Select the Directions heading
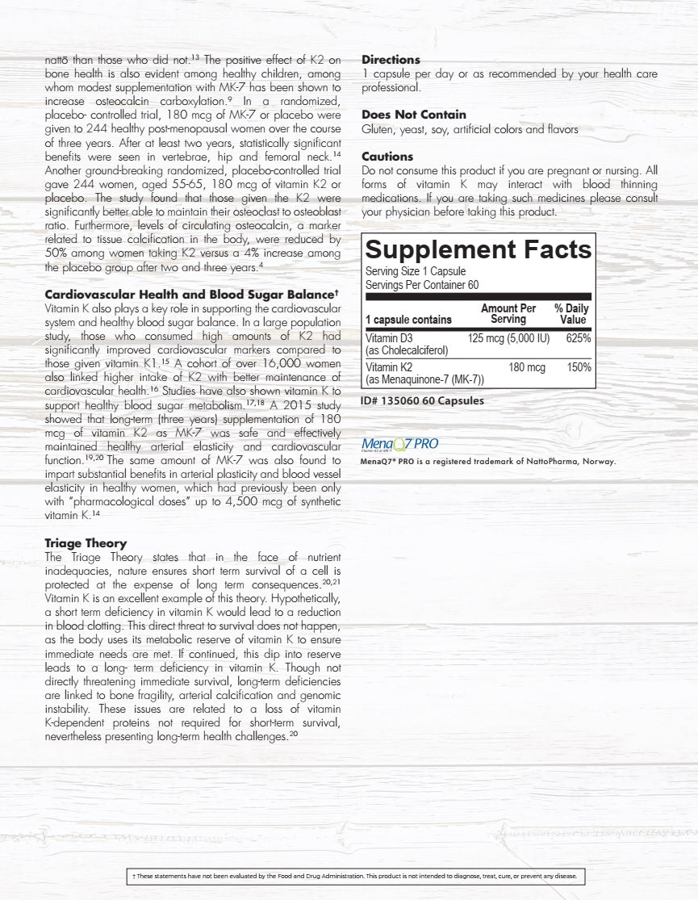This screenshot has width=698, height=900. (x=391, y=60)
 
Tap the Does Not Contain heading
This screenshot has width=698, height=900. (x=413, y=115)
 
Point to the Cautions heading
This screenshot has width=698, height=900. (x=387, y=157)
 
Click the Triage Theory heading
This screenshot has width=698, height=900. (x=86, y=543)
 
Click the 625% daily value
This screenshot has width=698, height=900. (x=578, y=338)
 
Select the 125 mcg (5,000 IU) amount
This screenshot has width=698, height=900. (x=508, y=338)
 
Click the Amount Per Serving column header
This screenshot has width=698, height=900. (x=508, y=314)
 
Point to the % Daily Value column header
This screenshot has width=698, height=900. (x=571, y=314)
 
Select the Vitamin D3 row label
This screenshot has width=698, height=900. (x=389, y=338)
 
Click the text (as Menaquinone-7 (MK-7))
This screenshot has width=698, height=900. (x=424, y=379)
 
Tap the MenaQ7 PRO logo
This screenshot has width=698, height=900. (x=400, y=444)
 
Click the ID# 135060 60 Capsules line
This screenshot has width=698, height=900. (x=423, y=400)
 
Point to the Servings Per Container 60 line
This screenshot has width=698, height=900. (x=422, y=285)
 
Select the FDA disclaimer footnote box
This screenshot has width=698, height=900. (x=354, y=876)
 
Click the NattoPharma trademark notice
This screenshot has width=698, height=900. (x=488, y=462)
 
